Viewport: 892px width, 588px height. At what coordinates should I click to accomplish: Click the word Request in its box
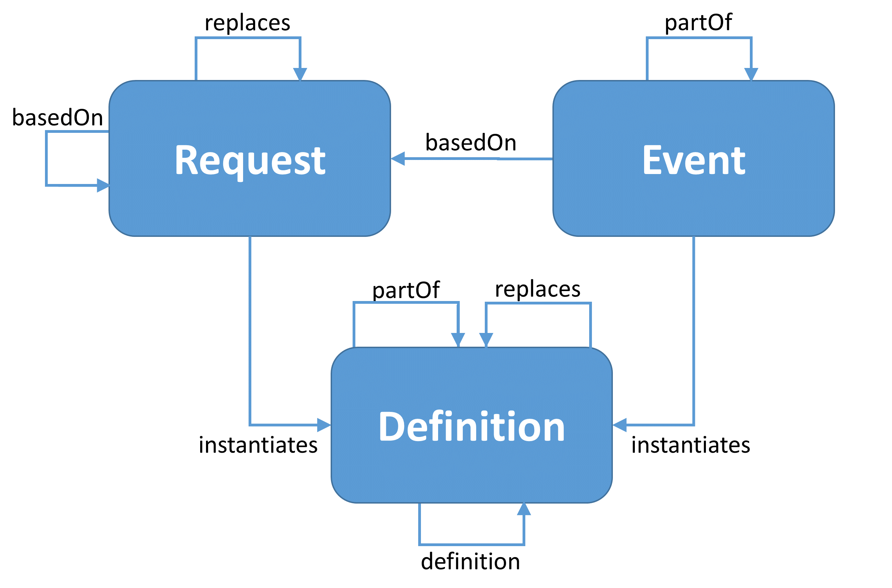coord(250,161)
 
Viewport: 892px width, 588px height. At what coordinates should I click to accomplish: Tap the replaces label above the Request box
coord(247,23)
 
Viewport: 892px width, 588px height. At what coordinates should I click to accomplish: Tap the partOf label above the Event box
coord(698,23)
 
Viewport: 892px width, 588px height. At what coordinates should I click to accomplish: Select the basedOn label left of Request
coord(57,117)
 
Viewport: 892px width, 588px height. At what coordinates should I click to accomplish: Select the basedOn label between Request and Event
coord(471,142)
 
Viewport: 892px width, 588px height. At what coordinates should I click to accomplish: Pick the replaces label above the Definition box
coord(538,289)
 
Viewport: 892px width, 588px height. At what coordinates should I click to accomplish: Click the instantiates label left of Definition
coord(258,445)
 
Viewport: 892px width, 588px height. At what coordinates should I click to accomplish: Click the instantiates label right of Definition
coord(690,445)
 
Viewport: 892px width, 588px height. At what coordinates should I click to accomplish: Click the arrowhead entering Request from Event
coord(398,159)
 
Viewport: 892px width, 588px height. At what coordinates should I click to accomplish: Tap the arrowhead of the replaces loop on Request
coord(300,74)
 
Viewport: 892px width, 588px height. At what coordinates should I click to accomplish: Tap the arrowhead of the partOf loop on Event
coord(751,74)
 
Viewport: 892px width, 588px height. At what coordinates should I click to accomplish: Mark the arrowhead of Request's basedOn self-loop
coord(103,185)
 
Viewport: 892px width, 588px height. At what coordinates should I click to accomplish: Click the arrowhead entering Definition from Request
coord(324,425)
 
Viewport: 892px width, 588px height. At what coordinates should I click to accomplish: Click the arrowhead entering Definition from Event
coord(620,425)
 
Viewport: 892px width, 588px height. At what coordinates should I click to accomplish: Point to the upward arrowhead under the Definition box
coord(524,510)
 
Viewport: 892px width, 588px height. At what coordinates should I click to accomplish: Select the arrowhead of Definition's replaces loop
coord(486,339)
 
